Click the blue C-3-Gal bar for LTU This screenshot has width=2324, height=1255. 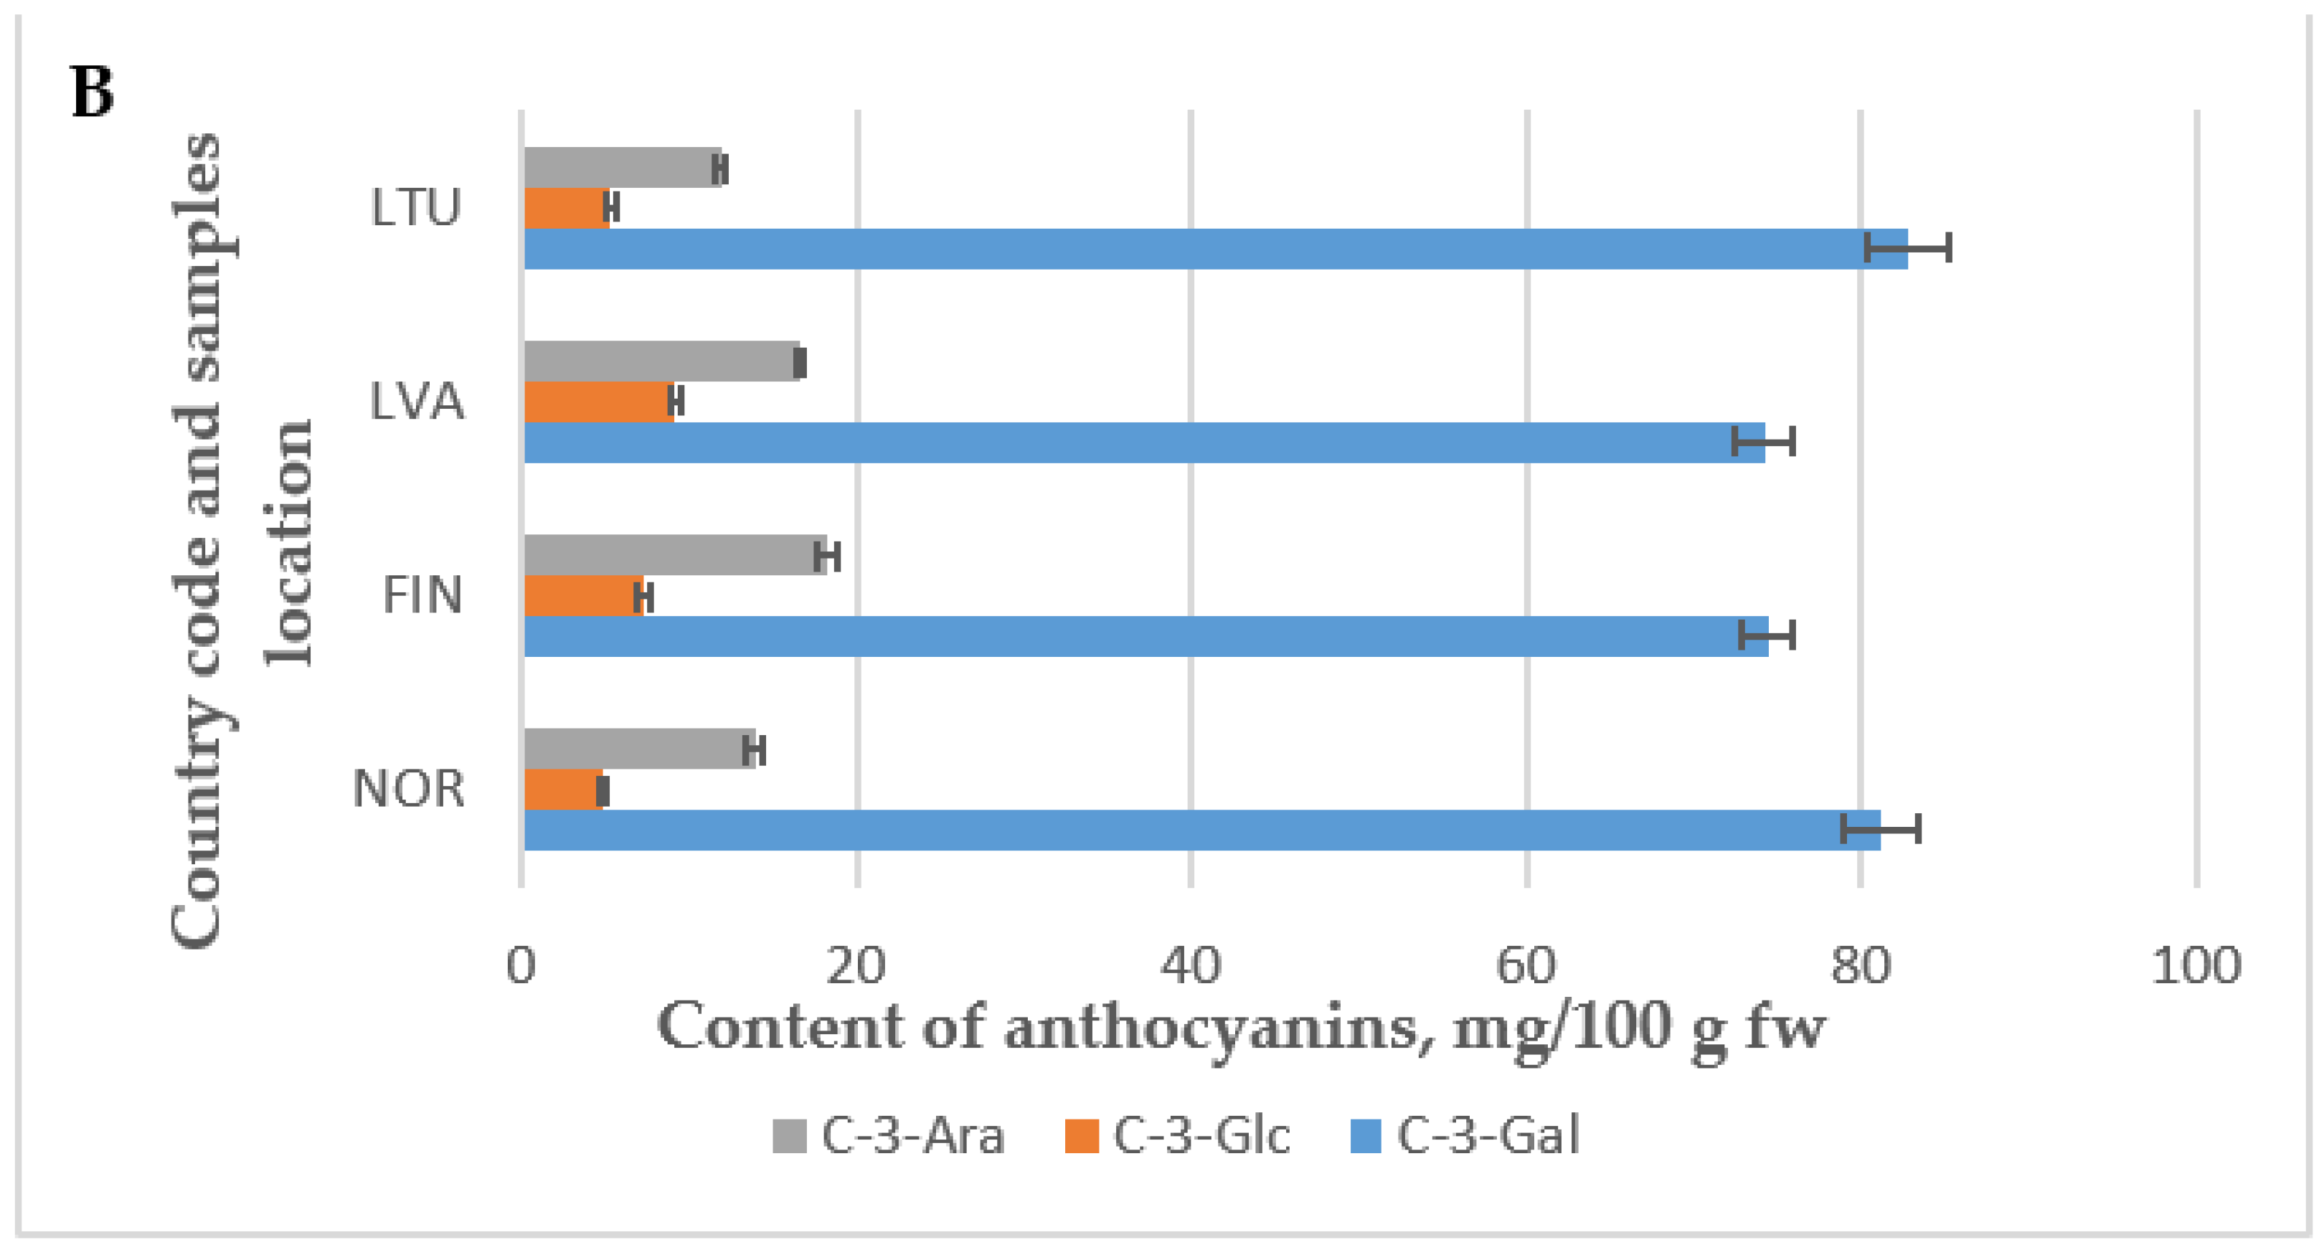tap(1209, 248)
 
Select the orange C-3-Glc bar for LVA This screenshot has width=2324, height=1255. tap(597, 402)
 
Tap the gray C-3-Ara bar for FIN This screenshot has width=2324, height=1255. tap(672, 555)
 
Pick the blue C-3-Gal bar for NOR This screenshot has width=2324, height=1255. tap(1200, 830)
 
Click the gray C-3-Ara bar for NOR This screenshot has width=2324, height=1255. tap(636, 749)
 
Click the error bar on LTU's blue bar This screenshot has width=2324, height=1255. tap(1907, 247)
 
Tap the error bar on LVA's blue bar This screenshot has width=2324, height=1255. tap(1763, 442)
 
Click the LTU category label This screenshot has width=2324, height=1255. tap(416, 207)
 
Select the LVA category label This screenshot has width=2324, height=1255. tap(416, 402)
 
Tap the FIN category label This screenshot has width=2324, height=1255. tap(421, 595)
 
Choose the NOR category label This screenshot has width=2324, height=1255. tap(408, 789)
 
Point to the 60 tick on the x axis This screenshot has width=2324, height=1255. tap(1526, 966)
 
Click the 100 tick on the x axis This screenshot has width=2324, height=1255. tap(2195, 966)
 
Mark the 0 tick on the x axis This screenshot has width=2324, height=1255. tap(521, 966)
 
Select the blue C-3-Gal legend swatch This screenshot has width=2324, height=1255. tap(1365, 1136)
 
